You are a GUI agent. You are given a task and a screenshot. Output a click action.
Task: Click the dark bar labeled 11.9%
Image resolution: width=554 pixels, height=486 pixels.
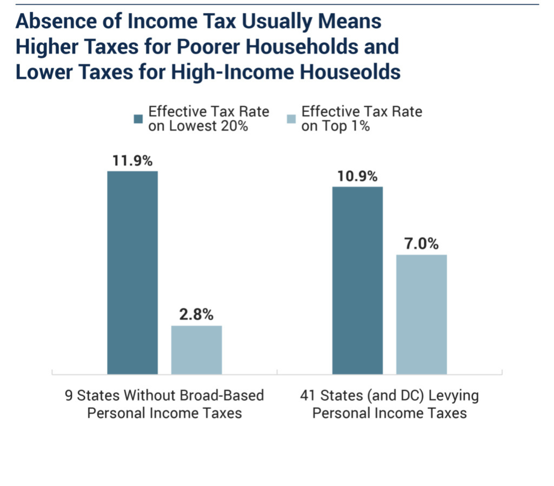pyautogui.click(x=132, y=273)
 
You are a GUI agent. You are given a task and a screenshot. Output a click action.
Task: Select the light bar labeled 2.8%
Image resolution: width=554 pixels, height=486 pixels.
pyautogui.click(x=196, y=350)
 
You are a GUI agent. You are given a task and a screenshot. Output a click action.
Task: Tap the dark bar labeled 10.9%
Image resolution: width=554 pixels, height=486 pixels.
pyautogui.click(x=357, y=280)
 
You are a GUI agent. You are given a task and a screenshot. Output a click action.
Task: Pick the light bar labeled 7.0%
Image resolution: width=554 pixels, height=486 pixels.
pyautogui.click(x=421, y=314)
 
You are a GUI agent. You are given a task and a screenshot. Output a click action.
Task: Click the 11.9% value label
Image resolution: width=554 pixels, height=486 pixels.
pyautogui.click(x=132, y=160)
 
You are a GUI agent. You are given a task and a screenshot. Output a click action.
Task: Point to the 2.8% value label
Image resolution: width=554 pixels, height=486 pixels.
pyautogui.click(x=196, y=314)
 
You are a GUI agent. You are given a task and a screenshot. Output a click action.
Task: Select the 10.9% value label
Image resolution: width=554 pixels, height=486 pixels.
pyautogui.click(x=357, y=176)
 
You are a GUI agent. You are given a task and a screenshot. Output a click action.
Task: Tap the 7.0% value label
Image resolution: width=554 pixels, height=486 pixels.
pyautogui.click(x=421, y=244)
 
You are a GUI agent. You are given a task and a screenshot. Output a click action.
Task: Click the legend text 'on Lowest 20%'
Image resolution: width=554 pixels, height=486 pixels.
pyautogui.click(x=198, y=127)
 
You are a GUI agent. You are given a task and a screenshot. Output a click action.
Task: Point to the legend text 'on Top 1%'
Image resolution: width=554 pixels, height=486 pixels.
pyautogui.click(x=336, y=127)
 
